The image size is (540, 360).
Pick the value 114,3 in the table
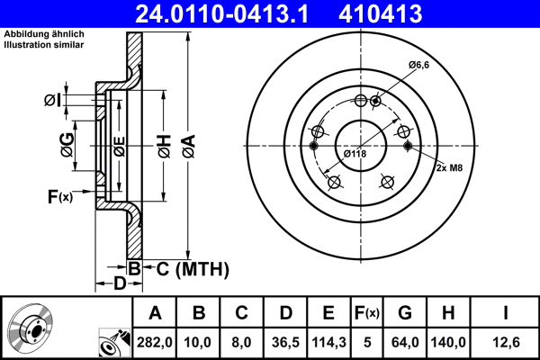point(328,342)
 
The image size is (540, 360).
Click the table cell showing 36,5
point(285,342)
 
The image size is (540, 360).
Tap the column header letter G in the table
point(404,313)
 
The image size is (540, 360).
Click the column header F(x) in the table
point(366,313)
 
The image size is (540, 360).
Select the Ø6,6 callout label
point(420,65)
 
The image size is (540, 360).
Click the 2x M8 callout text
point(451,167)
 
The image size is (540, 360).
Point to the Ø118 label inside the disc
point(355,154)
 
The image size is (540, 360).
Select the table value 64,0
point(404,342)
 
